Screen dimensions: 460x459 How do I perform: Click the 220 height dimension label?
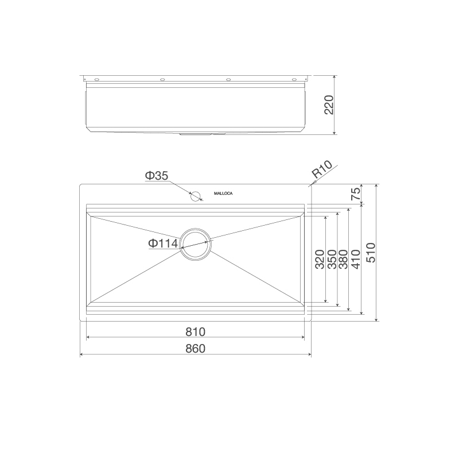point(329,105)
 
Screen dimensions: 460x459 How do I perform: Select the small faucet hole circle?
point(196,196)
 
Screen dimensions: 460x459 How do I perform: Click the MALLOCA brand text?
point(223,194)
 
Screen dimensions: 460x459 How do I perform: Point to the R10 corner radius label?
point(322,171)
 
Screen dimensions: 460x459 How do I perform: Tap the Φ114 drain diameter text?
point(163,243)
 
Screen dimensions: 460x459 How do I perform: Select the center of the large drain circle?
point(196,243)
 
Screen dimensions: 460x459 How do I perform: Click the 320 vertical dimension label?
point(320,260)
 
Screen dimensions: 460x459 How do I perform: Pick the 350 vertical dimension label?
point(332,260)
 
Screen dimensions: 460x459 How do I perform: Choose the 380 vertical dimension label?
point(343,260)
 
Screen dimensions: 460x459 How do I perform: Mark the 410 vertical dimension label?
point(356,260)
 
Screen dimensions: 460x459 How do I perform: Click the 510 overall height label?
point(370,253)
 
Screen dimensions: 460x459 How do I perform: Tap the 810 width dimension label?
point(195,332)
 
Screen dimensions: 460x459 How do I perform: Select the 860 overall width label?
point(195,348)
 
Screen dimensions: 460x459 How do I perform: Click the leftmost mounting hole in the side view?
point(96,79)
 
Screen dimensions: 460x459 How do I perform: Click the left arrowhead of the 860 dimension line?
point(82,354)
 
